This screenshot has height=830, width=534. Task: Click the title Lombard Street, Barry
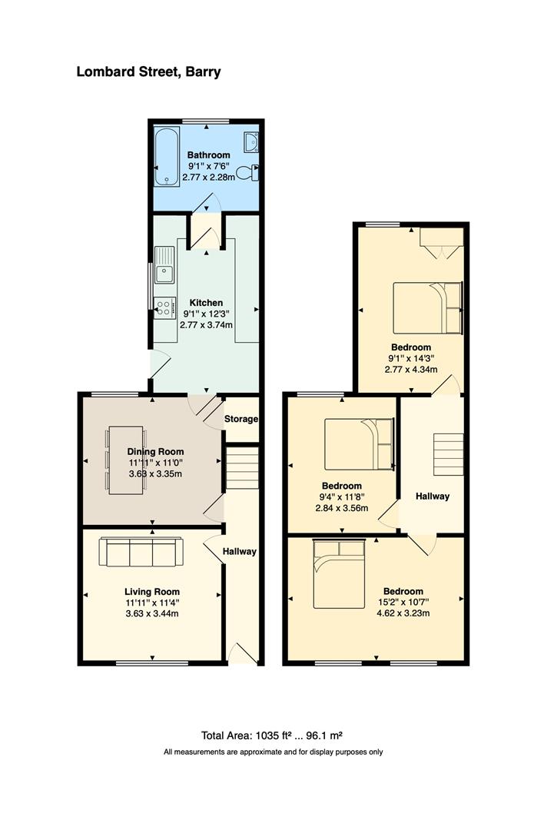pos(148,72)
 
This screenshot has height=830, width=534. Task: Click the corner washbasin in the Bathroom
pos(250,141)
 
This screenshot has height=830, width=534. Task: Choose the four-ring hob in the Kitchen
pos(164,307)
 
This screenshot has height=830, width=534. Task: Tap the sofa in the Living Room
pos(141,552)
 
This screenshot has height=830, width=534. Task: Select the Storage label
pos(241,420)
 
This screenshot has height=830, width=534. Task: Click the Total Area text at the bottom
pos(273,734)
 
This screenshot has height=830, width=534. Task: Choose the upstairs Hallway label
pos(433,496)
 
